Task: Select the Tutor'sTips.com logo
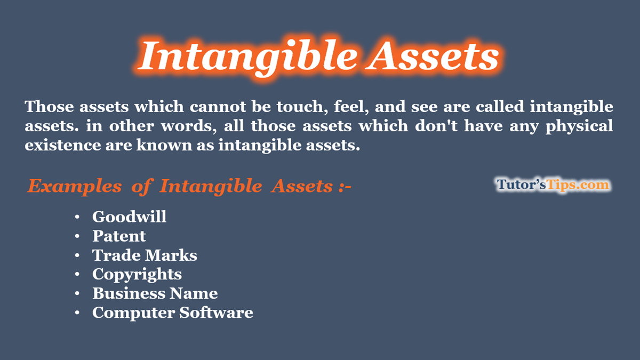[x=553, y=185]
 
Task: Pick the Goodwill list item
[x=129, y=217]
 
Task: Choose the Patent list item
[x=119, y=236]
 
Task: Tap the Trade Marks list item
[x=145, y=255]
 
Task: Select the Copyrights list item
[x=137, y=274]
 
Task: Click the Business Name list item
[x=155, y=293]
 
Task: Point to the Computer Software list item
[x=172, y=313]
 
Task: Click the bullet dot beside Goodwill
[x=78, y=217]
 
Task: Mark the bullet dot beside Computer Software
[x=78, y=313]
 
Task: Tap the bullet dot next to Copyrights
[x=78, y=275]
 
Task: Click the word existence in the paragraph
[x=61, y=146]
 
